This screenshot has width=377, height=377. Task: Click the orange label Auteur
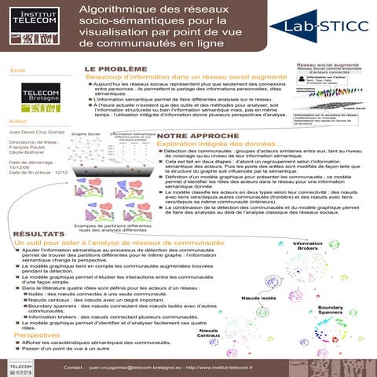point(16,122)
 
